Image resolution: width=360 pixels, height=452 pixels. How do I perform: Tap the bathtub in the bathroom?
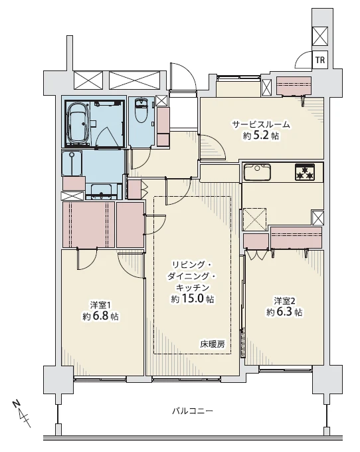[x=77, y=124]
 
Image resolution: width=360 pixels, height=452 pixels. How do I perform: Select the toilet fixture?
[x=141, y=112]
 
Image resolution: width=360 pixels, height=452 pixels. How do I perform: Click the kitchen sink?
[x=257, y=172]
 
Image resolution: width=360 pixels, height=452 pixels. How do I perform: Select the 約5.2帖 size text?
[x=262, y=136]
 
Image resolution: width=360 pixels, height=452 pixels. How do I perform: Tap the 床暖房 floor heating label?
[x=212, y=344]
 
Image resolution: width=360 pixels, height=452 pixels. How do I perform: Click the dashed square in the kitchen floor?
[x=254, y=219]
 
